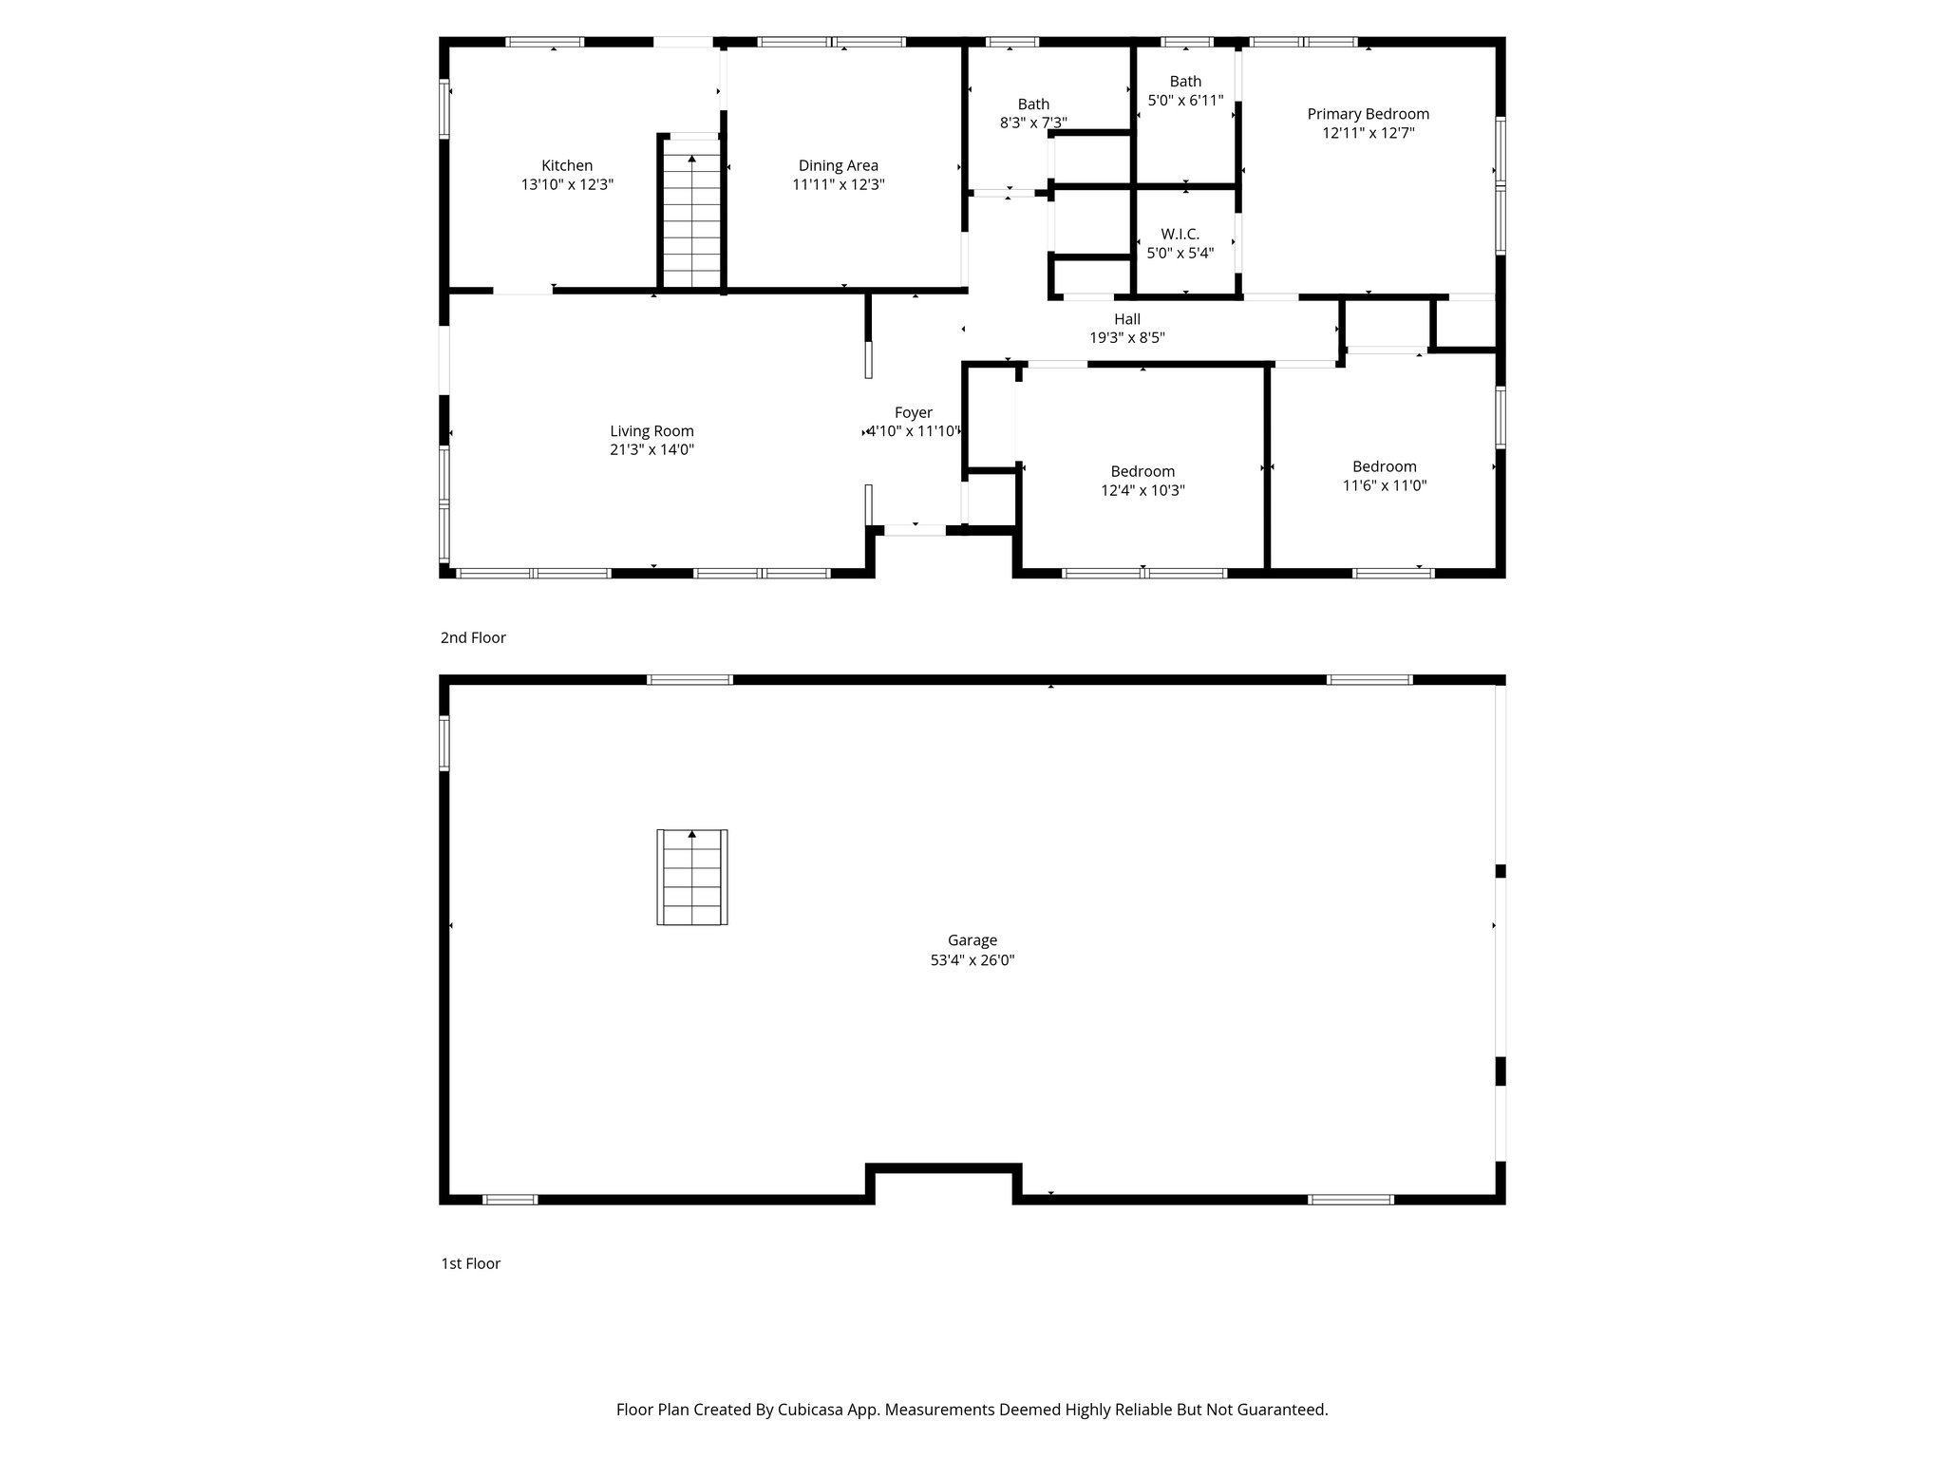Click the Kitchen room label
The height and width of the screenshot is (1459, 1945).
(x=567, y=165)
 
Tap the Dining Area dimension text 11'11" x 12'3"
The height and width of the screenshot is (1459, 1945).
(x=838, y=185)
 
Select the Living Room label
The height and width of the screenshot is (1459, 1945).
(x=651, y=431)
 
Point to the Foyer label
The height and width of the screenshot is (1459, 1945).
(x=913, y=412)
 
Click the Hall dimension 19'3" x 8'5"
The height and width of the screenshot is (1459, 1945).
(x=1126, y=337)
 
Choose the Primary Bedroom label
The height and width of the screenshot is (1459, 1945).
(x=1368, y=114)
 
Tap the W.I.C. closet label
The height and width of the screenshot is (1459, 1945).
(x=1180, y=234)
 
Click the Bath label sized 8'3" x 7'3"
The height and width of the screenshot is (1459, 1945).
(x=1033, y=104)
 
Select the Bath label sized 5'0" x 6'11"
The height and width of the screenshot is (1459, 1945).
(x=1185, y=82)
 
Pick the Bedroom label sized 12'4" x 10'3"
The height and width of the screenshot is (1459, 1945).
(x=1142, y=471)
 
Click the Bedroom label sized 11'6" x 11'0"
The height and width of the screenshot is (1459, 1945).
(x=1384, y=466)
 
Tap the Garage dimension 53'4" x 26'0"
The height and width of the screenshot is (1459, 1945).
(x=972, y=960)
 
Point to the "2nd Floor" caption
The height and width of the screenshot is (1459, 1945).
(x=473, y=637)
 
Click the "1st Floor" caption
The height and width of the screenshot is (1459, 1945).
(x=470, y=1263)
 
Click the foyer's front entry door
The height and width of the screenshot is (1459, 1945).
(x=915, y=530)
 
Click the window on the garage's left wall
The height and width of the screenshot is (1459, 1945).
(x=444, y=743)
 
